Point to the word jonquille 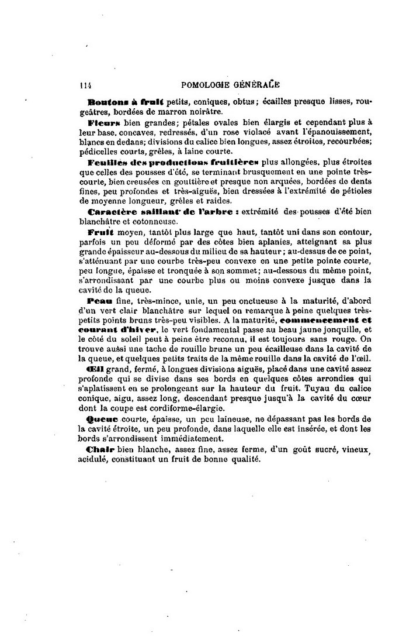[338, 331]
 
